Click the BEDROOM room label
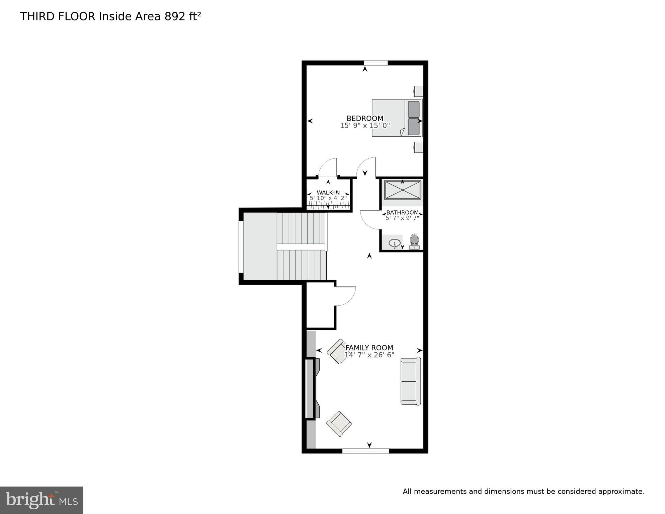tap(365, 118)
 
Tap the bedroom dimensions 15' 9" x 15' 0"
tap(365, 126)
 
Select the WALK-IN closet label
tap(328, 193)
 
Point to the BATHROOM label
tap(402, 212)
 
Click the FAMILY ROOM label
tap(369, 348)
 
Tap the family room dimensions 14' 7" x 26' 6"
tap(369, 355)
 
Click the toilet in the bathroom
tap(414, 241)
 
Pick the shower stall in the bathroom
tap(403, 190)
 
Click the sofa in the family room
tap(411, 381)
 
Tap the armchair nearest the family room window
tap(339, 424)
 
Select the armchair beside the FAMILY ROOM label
tap(338, 352)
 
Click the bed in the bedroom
tap(397, 118)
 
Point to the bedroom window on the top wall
tap(376, 63)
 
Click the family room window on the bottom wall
tap(365, 451)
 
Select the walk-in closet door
tap(327, 167)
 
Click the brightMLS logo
tap(41, 500)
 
